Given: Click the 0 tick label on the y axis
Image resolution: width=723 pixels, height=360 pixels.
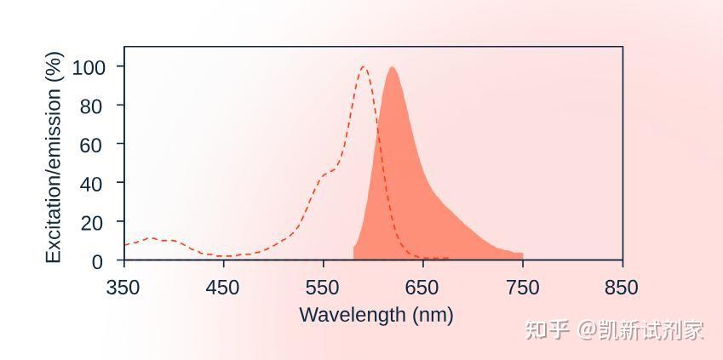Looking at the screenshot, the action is pos(98,262).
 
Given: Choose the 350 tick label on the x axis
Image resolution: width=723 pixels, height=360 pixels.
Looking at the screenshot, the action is pos(124,288).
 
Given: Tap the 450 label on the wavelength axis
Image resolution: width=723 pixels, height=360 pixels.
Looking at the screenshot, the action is pos(224,288).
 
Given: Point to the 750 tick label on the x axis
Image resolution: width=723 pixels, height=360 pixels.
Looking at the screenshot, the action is pos(522,288).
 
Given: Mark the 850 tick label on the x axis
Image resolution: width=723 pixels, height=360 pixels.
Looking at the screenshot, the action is pos(622,288).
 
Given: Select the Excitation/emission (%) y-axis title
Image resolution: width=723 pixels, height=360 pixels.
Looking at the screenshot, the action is pos(54,157).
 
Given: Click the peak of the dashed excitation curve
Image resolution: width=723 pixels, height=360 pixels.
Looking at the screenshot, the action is pos(364,67).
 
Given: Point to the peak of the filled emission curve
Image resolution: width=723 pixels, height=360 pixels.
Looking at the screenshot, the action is pos(392,67).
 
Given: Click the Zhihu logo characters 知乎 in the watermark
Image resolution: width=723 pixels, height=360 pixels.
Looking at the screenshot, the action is pos(547,331).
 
